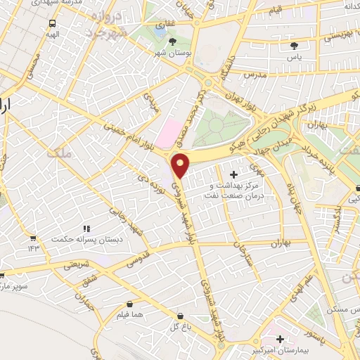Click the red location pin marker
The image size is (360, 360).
click(181, 165)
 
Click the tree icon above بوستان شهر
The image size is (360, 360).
click(173, 41)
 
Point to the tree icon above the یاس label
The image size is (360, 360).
click(294, 46)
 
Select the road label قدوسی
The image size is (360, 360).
click(137, 258)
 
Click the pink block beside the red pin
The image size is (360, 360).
click(167, 134)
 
